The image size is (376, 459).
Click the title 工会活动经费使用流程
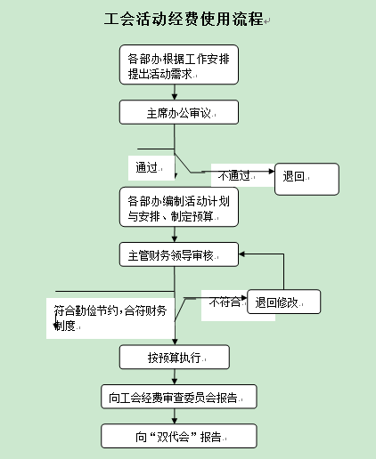(x=184, y=19)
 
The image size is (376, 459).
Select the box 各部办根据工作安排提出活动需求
(x=179, y=65)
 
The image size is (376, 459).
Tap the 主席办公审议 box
(x=179, y=112)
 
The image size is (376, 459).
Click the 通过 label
(x=146, y=167)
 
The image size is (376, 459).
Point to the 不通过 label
(x=233, y=175)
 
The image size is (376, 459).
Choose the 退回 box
(x=307, y=179)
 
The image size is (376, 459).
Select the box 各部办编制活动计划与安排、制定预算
(x=179, y=207)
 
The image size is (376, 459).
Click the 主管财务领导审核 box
(x=179, y=254)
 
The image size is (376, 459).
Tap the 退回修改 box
(x=283, y=302)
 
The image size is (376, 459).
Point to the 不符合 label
(x=225, y=302)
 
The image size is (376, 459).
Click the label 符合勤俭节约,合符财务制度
(x=110, y=318)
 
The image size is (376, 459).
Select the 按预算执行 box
(x=175, y=357)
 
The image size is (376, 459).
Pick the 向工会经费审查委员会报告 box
(x=179, y=397)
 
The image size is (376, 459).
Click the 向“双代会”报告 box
(x=179, y=436)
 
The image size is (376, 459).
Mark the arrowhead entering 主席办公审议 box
(x=175, y=97)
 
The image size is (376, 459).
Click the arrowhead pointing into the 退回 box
(x=272, y=171)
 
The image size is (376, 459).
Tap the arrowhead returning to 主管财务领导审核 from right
(x=241, y=254)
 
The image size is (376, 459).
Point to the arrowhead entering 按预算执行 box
(x=175, y=342)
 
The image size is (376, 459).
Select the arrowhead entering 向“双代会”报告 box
(x=175, y=421)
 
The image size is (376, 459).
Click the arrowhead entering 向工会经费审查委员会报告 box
(x=175, y=382)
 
